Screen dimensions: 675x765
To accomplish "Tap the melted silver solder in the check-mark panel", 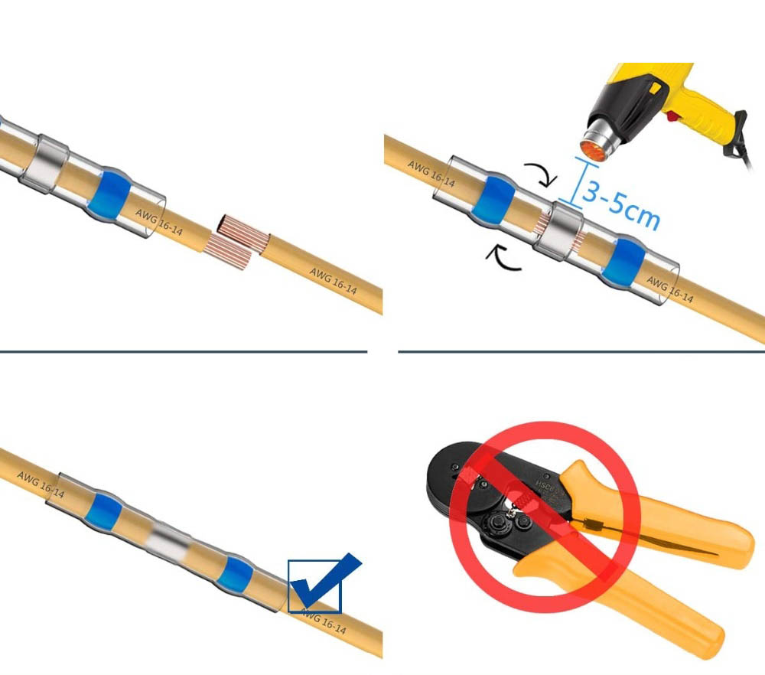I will [167, 540].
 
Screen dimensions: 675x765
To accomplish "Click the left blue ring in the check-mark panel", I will [101, 510].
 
